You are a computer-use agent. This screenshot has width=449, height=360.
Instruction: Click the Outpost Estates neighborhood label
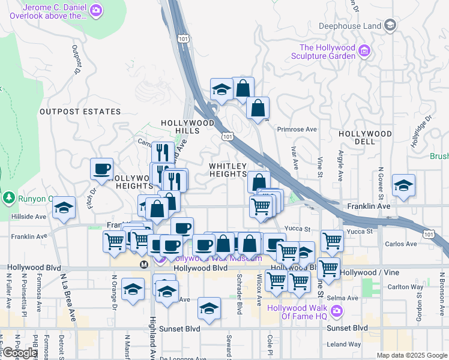80,112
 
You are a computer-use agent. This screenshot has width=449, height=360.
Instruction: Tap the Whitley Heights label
228,170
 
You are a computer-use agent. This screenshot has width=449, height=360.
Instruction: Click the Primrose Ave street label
297,129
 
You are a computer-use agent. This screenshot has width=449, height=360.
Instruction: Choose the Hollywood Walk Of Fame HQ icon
336,311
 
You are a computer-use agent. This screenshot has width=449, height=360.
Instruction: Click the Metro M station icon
144,264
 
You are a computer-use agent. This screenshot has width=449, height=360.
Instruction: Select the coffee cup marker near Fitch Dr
101,169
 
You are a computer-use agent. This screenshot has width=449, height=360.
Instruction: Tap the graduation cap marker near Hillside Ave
63,208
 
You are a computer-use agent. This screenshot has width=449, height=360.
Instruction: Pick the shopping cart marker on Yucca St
332,241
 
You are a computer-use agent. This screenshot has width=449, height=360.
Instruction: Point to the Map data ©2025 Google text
411,355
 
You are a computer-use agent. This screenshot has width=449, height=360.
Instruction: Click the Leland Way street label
345,344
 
